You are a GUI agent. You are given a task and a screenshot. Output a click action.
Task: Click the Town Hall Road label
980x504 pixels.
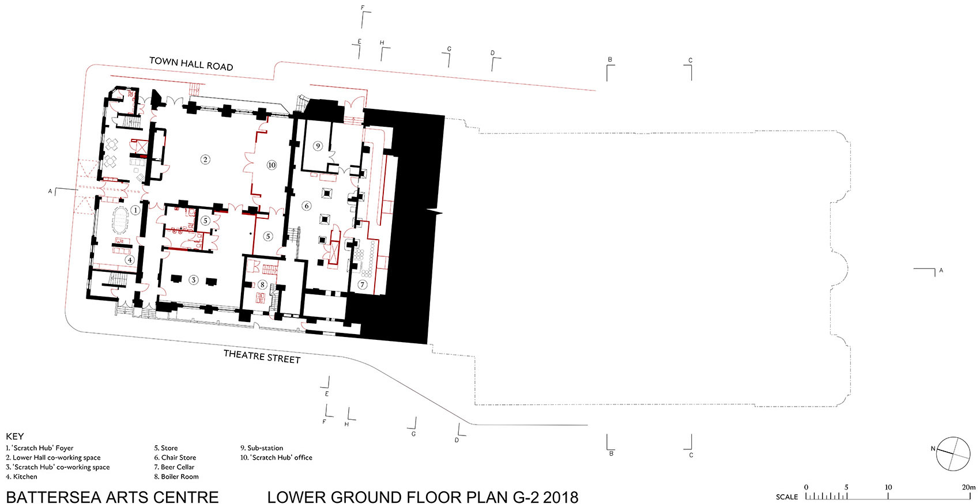tap(191, 64)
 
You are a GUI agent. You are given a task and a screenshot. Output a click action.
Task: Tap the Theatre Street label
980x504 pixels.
tap(262, 356)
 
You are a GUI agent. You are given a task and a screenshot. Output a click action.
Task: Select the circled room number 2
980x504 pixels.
tap(205, 160)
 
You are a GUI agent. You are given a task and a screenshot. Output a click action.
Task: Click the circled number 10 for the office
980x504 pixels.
tap(272, 165)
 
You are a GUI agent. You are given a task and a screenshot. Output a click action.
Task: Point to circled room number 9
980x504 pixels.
tap(318, 146)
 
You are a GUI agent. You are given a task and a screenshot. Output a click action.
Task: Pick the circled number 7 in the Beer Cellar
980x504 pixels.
tap(362, 285)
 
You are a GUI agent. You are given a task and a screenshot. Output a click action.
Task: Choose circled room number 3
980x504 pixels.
tap(193, 280)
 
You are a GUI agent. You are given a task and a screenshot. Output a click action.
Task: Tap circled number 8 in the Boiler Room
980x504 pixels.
tap(262, 285)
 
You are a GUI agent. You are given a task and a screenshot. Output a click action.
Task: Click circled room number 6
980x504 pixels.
tap(306, 206)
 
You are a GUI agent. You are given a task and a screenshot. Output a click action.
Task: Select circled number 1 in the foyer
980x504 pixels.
tap(135, 210)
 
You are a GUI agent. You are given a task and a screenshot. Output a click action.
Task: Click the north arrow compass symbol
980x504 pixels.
tap(953, 454)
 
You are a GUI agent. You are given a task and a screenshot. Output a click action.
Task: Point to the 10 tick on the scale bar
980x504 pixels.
tap(888, 497)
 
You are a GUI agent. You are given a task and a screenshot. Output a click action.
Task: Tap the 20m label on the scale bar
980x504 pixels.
tap(968, 487)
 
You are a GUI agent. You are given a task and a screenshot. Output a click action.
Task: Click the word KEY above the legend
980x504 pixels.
tap(15, 436)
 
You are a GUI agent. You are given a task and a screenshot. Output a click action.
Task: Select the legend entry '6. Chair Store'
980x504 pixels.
tap(175, 457)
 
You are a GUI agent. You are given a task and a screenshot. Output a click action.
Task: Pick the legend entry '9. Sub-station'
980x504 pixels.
tap(262, 448)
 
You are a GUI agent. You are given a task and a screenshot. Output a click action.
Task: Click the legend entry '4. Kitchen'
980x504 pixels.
tap(21, 476)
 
